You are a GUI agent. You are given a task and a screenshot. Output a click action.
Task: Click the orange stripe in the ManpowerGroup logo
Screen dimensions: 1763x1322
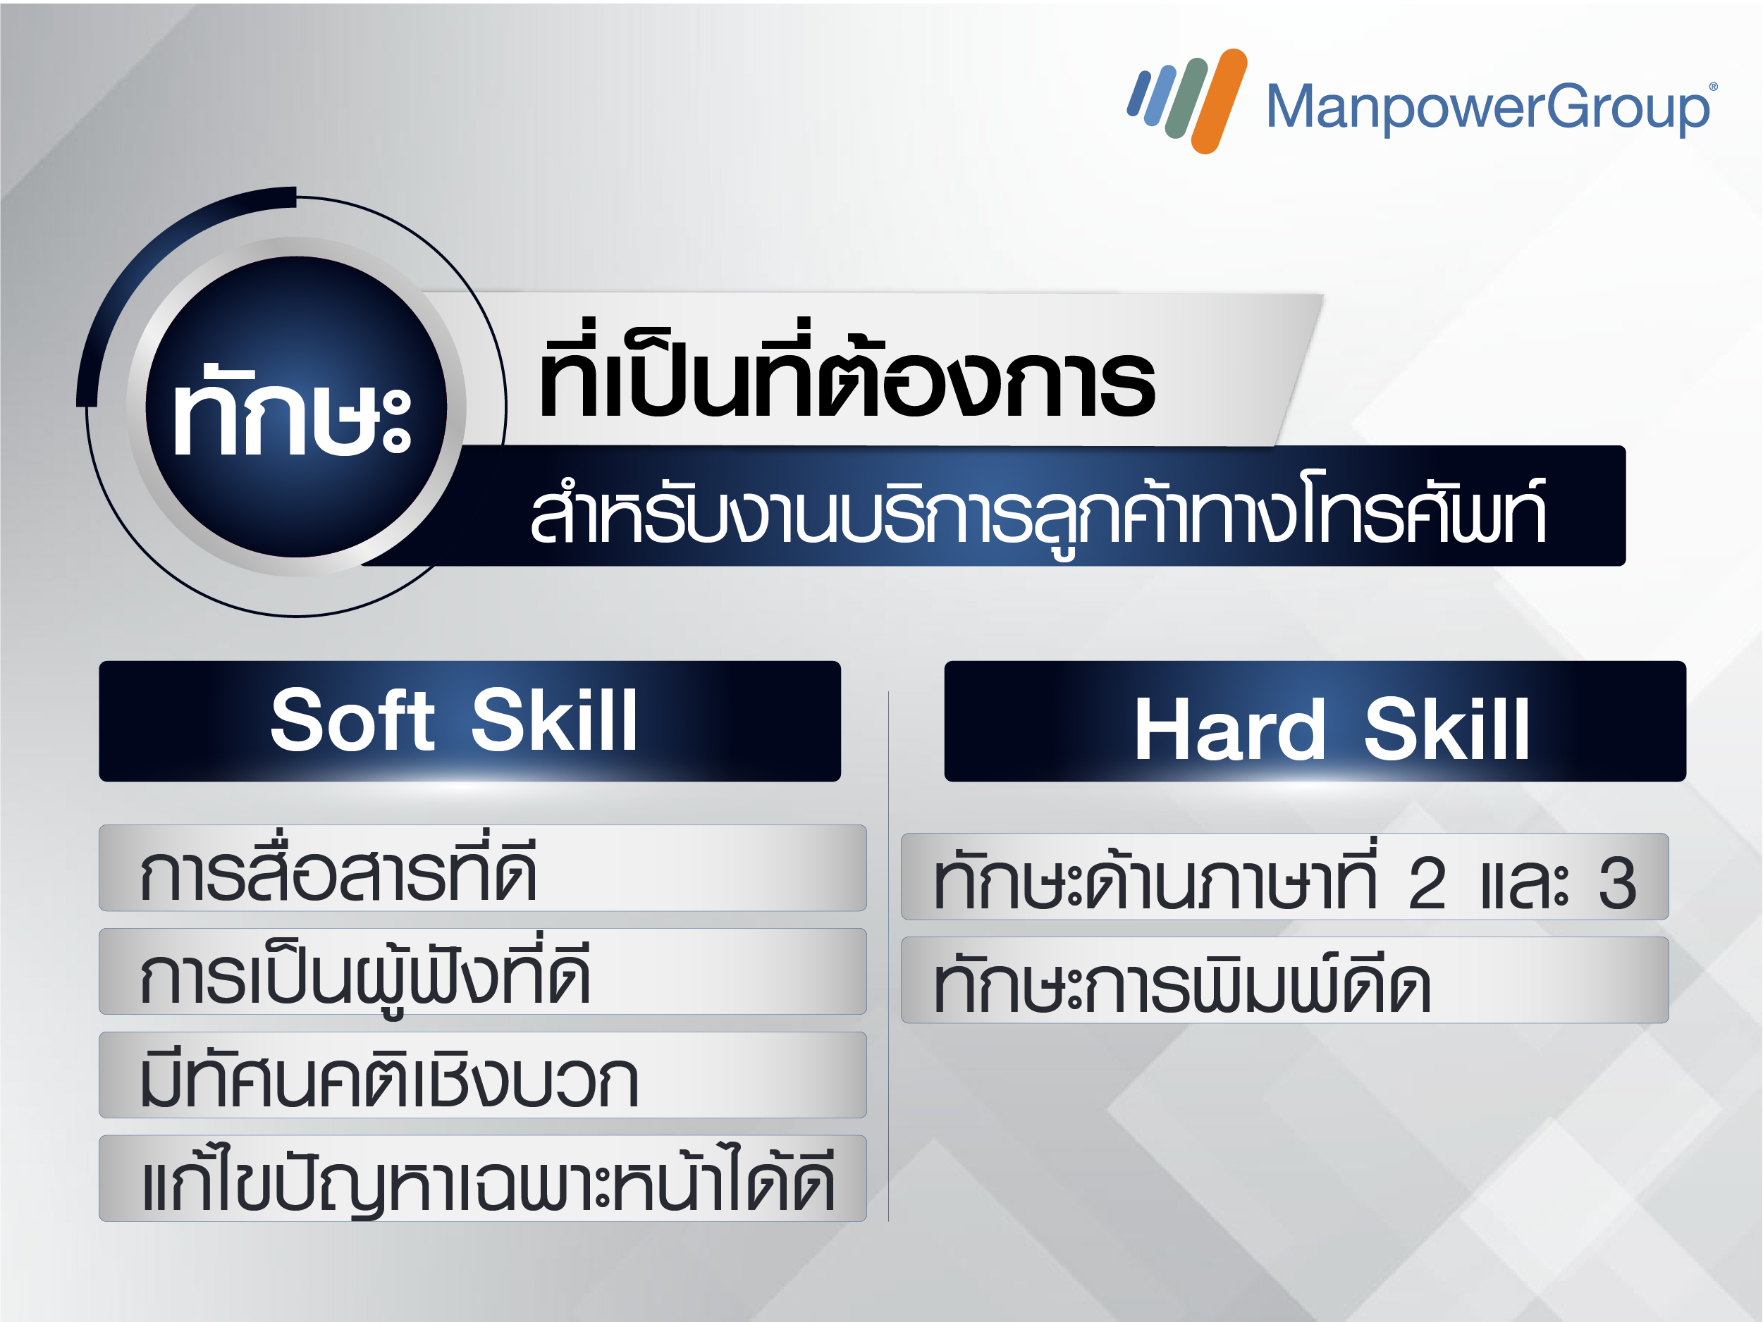(1219, 101)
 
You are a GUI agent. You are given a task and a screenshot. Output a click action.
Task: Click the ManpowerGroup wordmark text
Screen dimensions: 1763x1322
(1487, 108)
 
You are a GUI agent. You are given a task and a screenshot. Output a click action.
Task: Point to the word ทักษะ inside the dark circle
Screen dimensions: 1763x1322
(292, 410)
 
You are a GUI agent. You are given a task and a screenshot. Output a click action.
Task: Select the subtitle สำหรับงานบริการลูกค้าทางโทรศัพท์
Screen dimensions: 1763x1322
(1038, 511)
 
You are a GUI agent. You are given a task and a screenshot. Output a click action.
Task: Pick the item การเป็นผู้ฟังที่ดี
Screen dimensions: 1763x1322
(365, 974)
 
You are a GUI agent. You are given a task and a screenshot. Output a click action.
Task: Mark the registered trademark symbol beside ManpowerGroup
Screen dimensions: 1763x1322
(1714, 87)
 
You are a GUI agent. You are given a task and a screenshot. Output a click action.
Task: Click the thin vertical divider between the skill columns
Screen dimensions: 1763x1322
(889, 956)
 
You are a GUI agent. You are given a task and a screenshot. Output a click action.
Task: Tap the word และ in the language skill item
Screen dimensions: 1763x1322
(1524, 884)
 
